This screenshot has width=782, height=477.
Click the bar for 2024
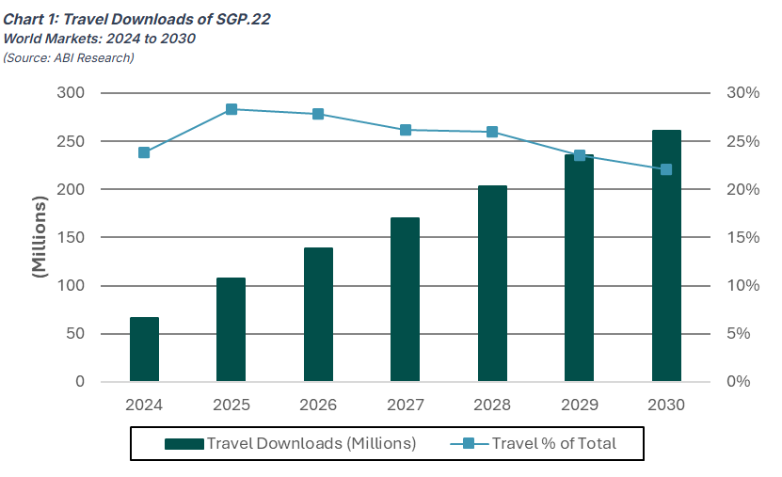[144, 349]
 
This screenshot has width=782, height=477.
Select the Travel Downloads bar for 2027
[405, 299]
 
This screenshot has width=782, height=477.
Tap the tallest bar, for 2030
[666, 256]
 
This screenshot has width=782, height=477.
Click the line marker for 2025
[231, 109]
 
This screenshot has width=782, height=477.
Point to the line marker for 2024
[144, 152]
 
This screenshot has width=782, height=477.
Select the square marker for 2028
[492, 132]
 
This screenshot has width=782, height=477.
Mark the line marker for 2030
[666, 169]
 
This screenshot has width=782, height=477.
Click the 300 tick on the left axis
[71, 93]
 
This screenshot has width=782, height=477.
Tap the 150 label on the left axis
[71, 237]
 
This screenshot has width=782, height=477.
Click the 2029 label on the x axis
[579, 405]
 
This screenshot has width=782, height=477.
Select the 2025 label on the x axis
[231, 405]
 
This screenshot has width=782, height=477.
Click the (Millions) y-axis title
[40, 237]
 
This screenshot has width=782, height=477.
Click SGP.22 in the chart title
[236, 19]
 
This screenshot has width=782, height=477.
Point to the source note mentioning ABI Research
[68, 58]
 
